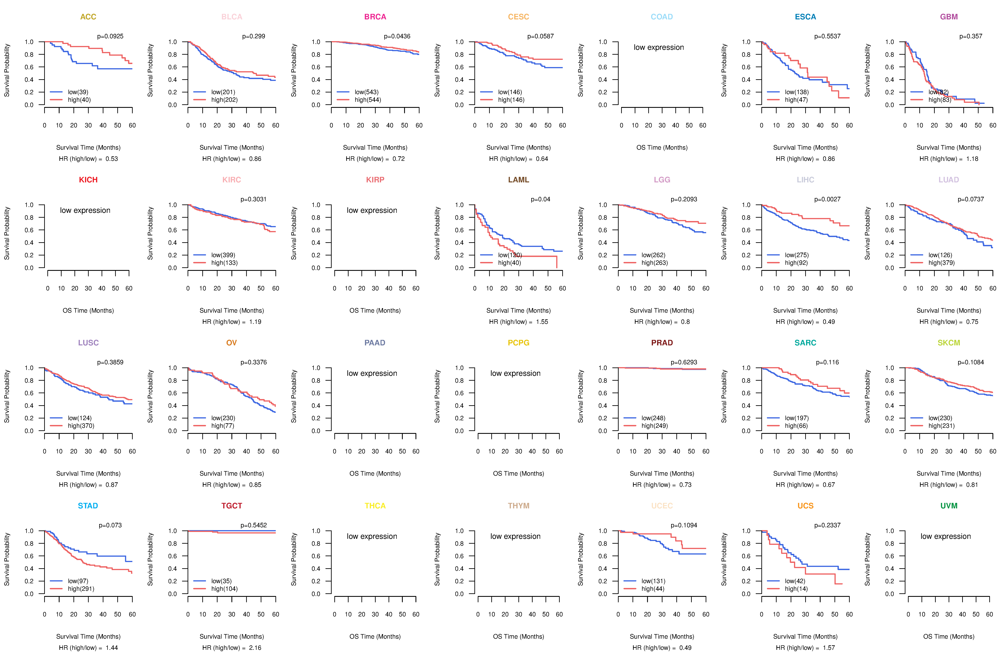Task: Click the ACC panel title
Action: click(x=88, y=17)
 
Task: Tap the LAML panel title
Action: click(x=518, y=180)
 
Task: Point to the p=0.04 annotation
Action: click(x=540, y=199)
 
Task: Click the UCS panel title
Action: click(x=805, y=506)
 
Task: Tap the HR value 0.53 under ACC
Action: click(x=112, y=159)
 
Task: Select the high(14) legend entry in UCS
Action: click(x=796, y=589)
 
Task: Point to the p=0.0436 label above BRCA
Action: click(x=397, y=36)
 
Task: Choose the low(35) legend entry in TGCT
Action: click(x=221, y=581)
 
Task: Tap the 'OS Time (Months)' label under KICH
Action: click(x=88, y=311)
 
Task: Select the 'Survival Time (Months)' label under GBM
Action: click(x=949, y=147)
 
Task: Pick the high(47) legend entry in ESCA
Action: click(x=796, y=100)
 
